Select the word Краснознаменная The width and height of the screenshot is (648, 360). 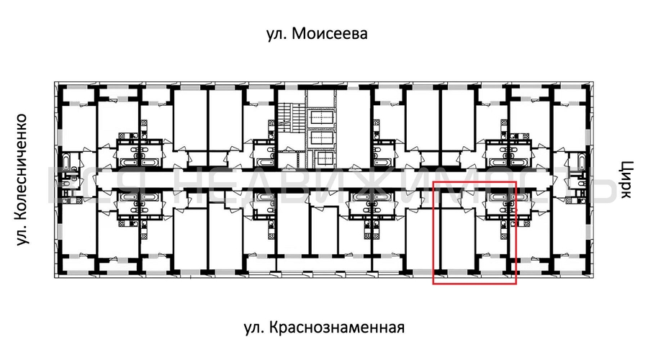pyautogui.click(x=338, y=328)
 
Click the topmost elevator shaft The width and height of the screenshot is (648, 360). pyautogui.click(x=322, y=117)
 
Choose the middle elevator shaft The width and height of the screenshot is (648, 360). pyautogui.click(x=322, y=138)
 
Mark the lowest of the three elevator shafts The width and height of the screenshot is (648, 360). pyautogui.click(x=322, y=159)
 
